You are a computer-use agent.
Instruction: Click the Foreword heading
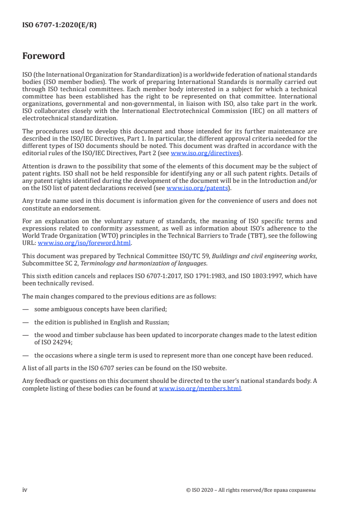click(44, 56)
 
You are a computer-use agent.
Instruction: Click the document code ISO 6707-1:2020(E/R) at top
click(59, 25)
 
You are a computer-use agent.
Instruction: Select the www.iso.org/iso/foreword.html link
click(84, 243)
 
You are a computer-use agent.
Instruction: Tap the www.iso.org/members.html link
click(200, 389)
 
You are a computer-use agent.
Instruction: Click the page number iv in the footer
click(25, 490)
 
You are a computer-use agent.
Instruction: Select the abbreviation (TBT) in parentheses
click(256, 236)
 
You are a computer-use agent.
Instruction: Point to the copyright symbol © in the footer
click(188, 490)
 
